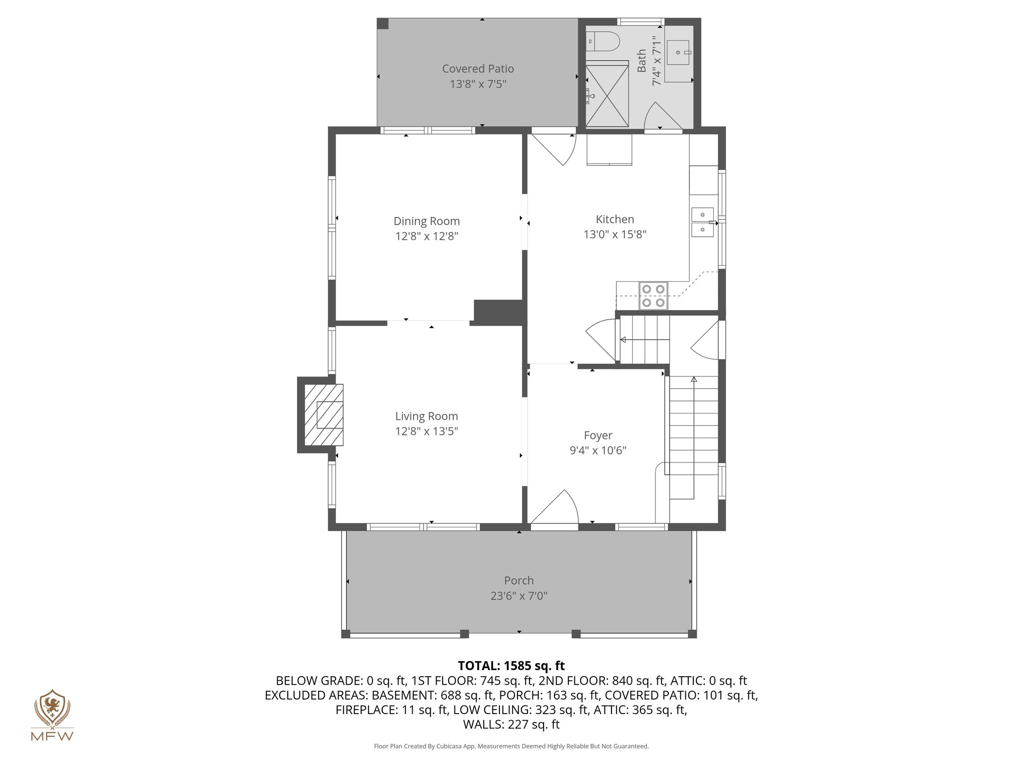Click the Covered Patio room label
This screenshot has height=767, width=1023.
478,68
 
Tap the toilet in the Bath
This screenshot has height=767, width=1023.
602,41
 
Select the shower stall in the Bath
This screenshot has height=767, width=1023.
607,93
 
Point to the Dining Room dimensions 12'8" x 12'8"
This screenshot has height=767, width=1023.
427,236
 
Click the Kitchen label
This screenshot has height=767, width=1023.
615,219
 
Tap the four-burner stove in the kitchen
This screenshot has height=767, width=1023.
653,296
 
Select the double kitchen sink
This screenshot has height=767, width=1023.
703,222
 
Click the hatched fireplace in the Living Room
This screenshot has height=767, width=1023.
324,414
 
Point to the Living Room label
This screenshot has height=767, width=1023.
427,416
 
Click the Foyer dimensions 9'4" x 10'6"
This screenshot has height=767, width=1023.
598,450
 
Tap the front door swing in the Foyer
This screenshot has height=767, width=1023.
554,506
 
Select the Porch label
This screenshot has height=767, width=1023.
519,580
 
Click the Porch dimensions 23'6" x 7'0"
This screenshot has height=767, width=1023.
519,596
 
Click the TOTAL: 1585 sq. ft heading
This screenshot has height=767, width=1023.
511,666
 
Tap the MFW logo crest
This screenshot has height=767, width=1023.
52,707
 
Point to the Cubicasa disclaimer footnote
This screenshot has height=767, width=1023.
511,747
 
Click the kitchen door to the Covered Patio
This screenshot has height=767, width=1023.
553,147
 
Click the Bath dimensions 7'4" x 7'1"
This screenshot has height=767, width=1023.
657,60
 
